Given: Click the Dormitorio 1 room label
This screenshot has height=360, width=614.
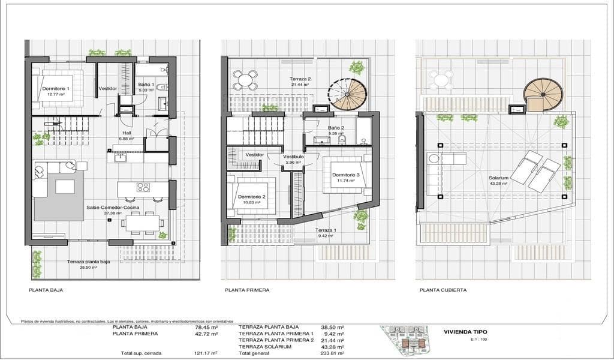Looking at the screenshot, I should click(x=55, y=89).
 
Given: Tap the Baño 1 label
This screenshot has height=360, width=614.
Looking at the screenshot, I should click(x=145, y=85).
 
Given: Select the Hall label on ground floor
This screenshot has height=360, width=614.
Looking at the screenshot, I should click(x=127, y=134).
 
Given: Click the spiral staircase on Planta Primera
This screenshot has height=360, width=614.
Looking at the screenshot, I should click(x=347, y=95).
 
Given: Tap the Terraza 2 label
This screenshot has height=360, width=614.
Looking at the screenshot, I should click(x=300, y=79).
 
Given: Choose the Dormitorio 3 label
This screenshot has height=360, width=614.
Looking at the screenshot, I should click(x=345, y=175).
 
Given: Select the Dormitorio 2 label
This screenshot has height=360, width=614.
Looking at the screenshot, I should click(x=251, y=197).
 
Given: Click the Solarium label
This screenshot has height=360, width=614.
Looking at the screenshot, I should click(x=498, y=178).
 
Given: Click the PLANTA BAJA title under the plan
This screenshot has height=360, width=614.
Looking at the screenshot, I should click(x=46, y=290).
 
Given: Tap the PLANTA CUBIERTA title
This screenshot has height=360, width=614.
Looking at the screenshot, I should click(x=443, y=290).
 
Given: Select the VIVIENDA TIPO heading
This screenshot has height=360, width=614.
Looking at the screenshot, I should click(x=465, y=332).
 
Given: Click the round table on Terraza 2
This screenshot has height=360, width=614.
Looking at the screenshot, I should click(x=244, y=79).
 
